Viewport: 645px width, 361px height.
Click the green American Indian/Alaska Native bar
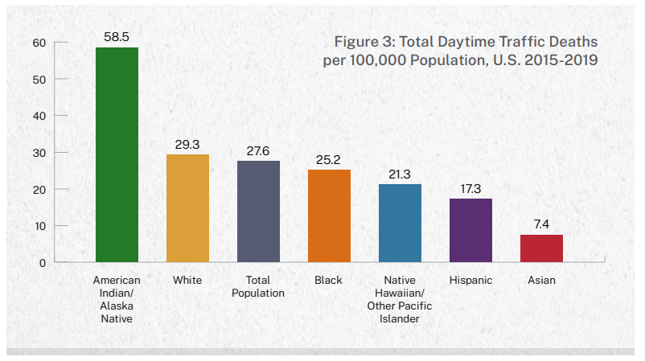[x=117, y=154]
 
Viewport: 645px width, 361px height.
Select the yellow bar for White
[x=187, y=208]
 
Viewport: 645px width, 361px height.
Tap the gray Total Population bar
[x=258, y=211]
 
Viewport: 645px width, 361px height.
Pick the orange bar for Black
[x=329, y=215]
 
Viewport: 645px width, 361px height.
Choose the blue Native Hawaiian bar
[x=400, y=223]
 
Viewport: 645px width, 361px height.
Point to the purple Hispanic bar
[x=470, y=230]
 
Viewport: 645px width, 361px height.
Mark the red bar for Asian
[x=541, y=248]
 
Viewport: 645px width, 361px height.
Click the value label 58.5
[x=117, y=37]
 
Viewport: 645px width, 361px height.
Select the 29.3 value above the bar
[x=187, y=144]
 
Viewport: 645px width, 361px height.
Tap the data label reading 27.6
[x=258, y=150]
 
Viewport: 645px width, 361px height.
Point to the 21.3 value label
[x=400, y=174]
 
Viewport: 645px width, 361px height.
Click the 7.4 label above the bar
[x=541, y=224]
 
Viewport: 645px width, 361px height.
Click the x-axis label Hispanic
[x=470, y=281]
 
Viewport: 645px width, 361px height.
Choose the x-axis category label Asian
[x=541, y=281]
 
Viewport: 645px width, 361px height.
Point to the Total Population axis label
[x=258, y=287]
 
